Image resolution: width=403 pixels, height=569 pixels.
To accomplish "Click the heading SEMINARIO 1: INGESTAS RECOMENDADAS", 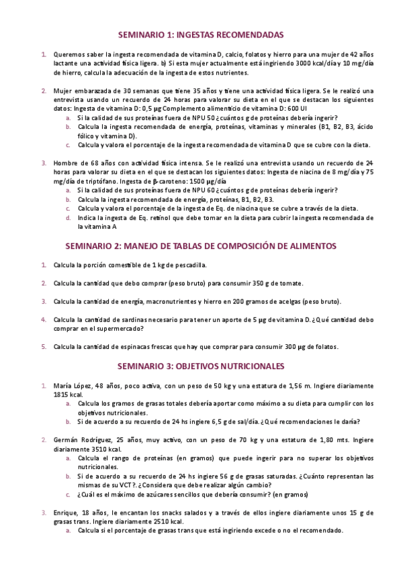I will coord(201,34).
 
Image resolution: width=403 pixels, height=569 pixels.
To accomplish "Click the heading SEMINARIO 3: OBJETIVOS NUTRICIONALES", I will coord(201,367).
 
